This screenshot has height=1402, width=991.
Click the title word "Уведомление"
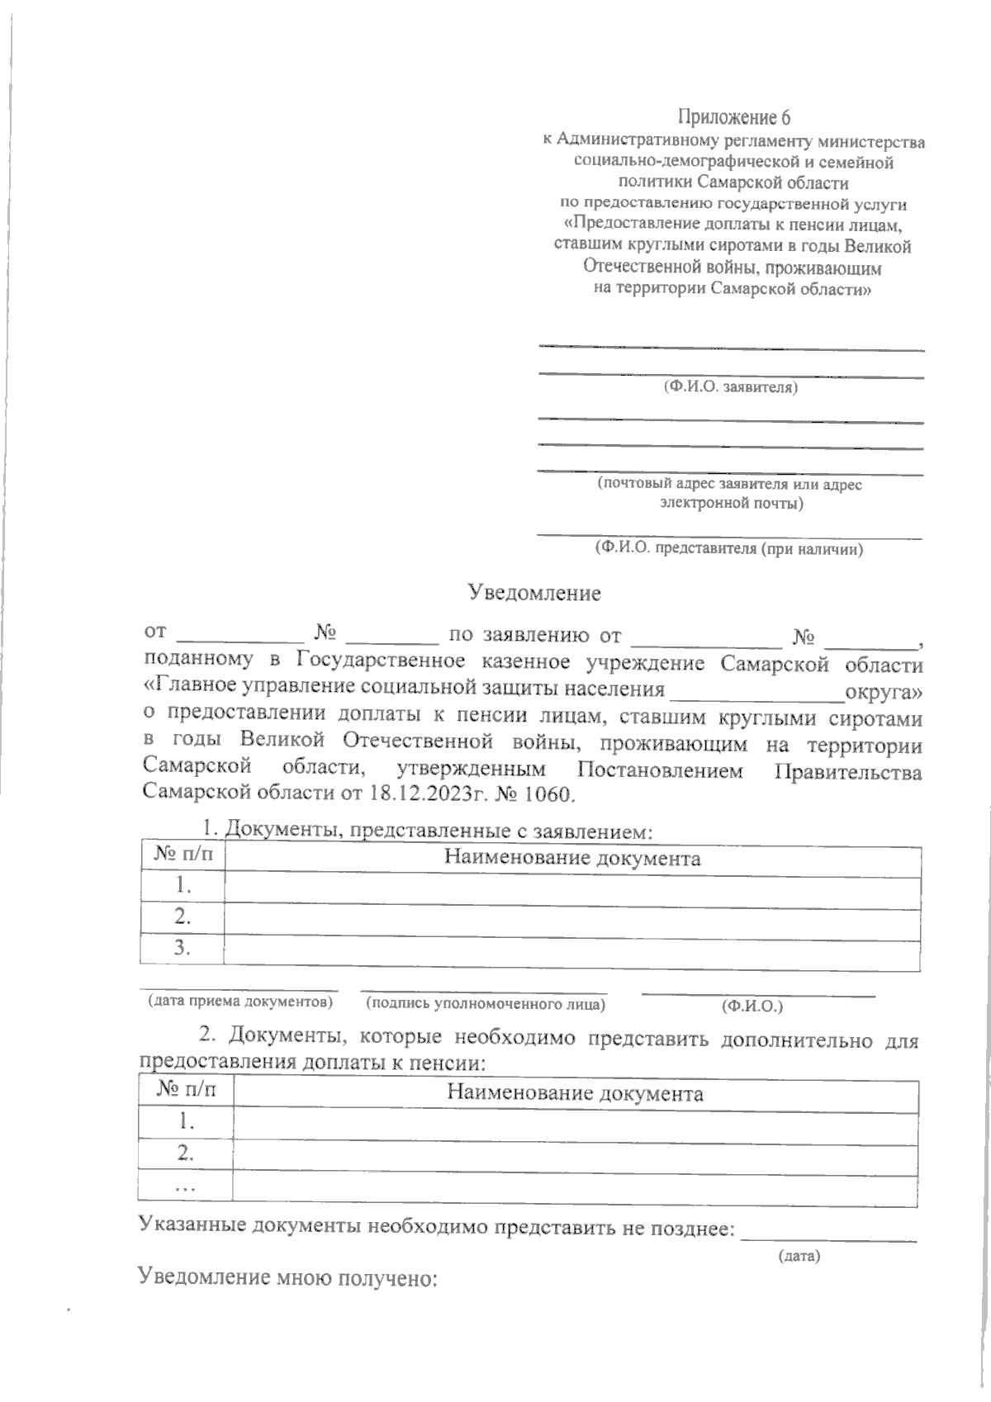(x=534, y=593)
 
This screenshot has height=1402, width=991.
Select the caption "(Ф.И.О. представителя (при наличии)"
(x=729, y=548)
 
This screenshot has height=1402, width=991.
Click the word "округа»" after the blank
(x=880, y=689)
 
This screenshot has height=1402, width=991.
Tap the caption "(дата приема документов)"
(x=239, y=1002)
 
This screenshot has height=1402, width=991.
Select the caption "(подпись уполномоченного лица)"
(x=486, y=1004)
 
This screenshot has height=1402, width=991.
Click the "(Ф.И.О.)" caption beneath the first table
(x=752, y=1006)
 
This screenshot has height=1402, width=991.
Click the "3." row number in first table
(x=183, y=948)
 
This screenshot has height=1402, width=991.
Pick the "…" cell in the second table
(x=185, y=1186)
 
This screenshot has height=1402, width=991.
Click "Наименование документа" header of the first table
(x=572, y=858)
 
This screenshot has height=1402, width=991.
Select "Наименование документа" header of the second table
(x=575, y=1094)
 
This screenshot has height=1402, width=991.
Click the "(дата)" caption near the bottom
(x=799, y=1257)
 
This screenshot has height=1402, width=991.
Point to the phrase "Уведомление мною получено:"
(x=287, y=1278)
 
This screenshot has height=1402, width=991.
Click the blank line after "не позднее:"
(x=829, y=1234)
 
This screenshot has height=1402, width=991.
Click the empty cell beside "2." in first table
(x=572, y=917)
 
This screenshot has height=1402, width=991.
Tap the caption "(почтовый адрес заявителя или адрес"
(x=729, y=485)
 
